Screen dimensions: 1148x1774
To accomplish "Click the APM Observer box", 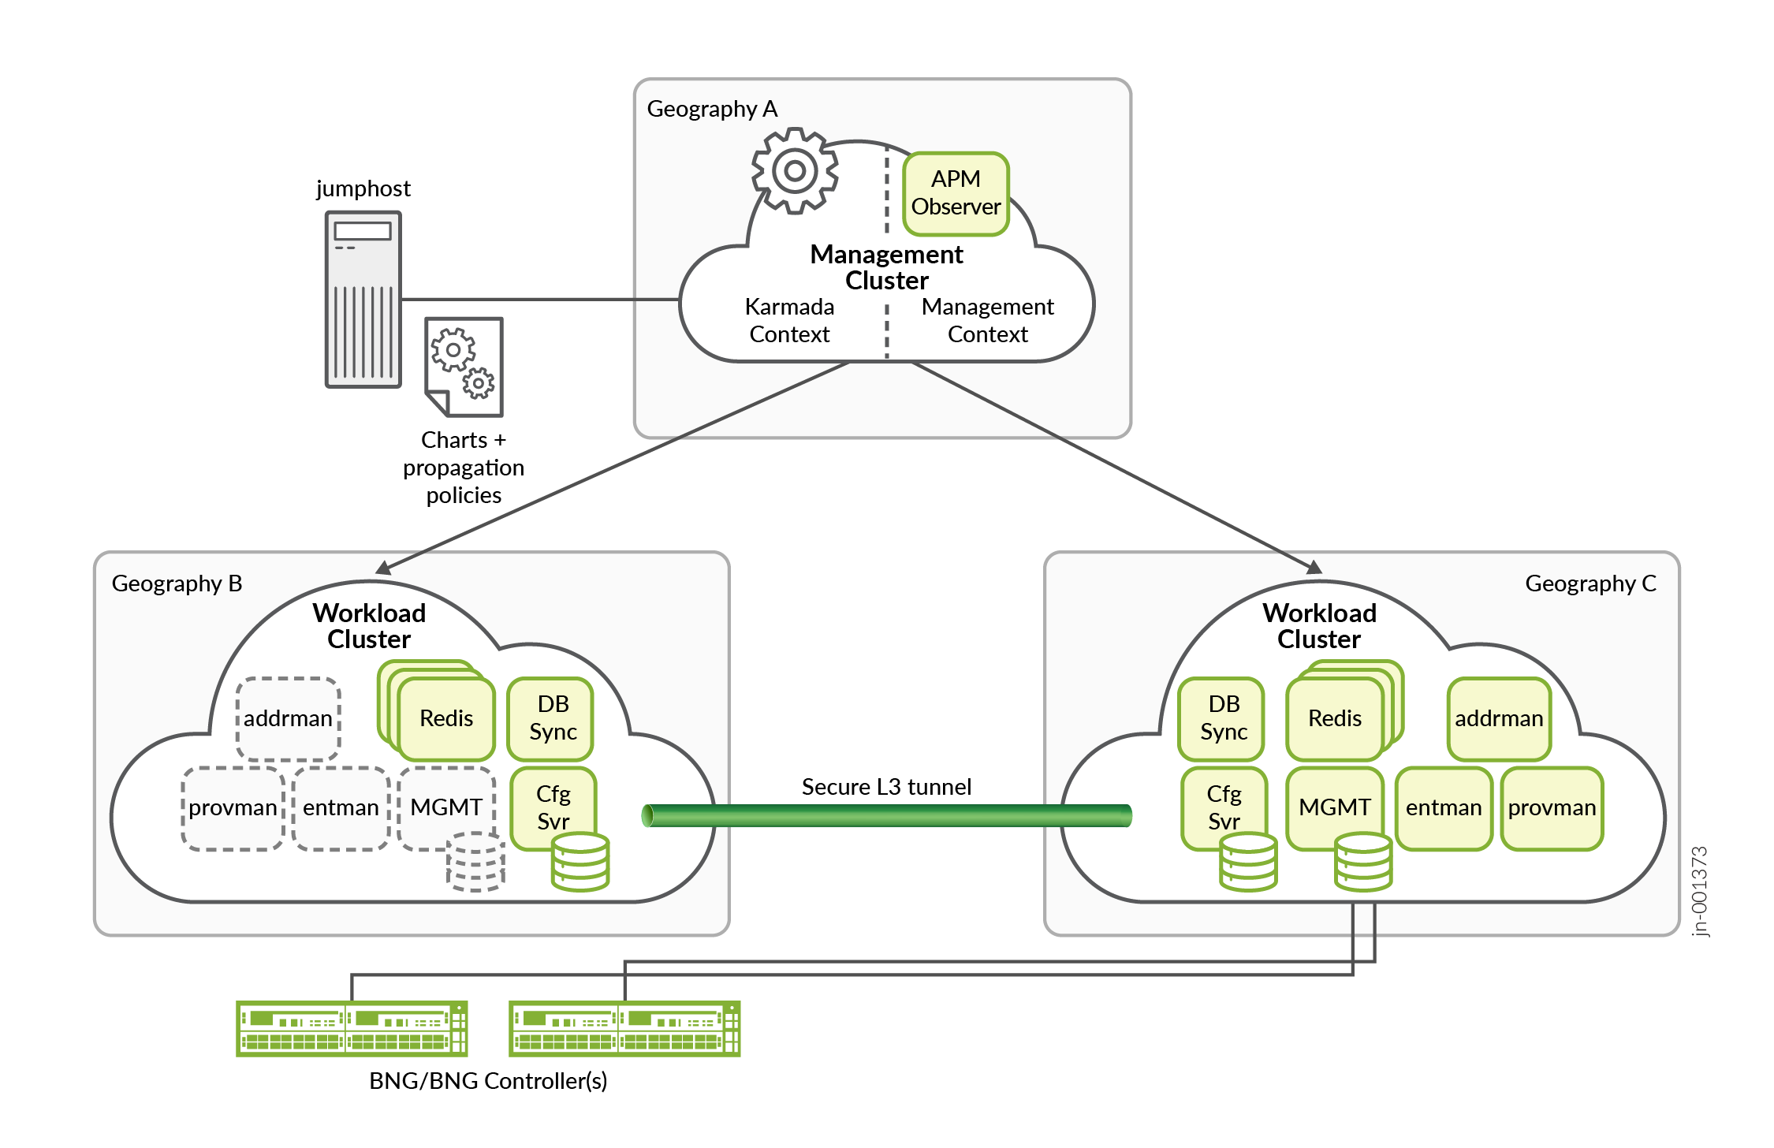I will [x=956, y=193].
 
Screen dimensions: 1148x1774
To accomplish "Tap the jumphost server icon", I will [x=363, y=300].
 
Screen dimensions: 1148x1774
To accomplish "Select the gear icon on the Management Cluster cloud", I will [x=795, y=170].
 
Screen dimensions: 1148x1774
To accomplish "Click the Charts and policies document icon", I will [x=464, y=367].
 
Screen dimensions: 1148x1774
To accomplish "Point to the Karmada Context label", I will [x=789, y=320].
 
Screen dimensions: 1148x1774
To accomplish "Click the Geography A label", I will [x=712, y=109].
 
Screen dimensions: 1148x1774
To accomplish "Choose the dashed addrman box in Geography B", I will [x=289, y=718].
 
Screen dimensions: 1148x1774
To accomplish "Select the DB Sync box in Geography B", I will [x=553, y=717].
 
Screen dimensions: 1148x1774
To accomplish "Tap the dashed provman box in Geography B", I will [x=233, y=808].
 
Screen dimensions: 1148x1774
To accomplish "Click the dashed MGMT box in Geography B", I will [x=446, y=807].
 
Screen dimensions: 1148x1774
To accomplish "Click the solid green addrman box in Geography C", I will [x=1499, y=718].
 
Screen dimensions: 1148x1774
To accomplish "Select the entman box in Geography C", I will [x=1444, y=808].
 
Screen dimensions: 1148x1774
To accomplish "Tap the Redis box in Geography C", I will [x=1335, y=718].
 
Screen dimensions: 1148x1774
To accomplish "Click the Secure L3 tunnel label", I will [x=886, y=787].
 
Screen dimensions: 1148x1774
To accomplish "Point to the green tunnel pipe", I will [x=886, y=815].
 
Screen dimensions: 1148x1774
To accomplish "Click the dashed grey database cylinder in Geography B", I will [x=475, y=862].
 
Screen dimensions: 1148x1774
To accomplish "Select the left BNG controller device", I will [x=352, y=1029].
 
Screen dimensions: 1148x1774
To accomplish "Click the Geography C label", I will [x=1590, y=583].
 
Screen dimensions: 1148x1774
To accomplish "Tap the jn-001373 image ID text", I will [x=1700, y=891].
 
